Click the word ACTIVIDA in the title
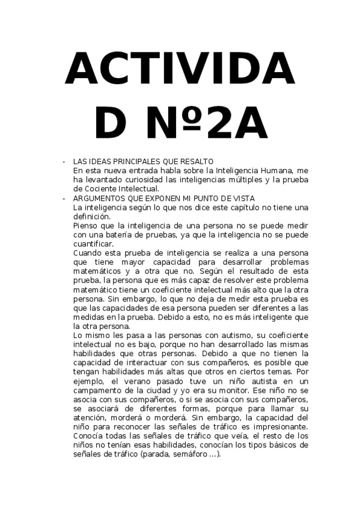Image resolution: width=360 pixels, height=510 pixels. (180, 69)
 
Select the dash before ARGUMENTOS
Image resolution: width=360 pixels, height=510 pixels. (64, 198)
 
